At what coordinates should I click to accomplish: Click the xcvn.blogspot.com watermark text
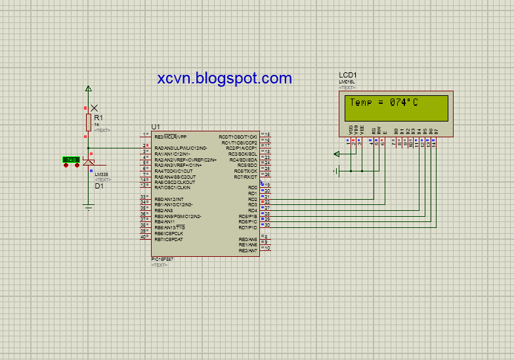(x=225, y=78)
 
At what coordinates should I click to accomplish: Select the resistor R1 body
(x=89, y=122)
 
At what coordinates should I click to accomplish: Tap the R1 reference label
(x=99, y=117)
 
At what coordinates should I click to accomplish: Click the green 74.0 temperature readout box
(x=70, y=160)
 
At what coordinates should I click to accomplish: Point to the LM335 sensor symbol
(x=89, y=162)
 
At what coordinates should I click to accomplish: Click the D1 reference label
(x=99, y=186)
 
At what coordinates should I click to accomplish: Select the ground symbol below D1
(x=89, y=207)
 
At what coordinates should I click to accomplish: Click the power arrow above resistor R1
(x=89, y=88)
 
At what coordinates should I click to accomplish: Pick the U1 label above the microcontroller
(x=156, y=126)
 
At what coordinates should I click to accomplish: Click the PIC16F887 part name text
(x=164, y=259)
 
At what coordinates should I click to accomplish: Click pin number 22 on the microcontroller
(x=267, y=202)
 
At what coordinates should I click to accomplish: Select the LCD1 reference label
(x=348, y=76)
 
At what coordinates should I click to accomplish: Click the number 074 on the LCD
(x=399, y=102)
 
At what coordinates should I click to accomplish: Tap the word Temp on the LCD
(x=361, y=102)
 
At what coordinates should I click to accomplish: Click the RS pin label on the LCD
(x=373, y=131)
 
